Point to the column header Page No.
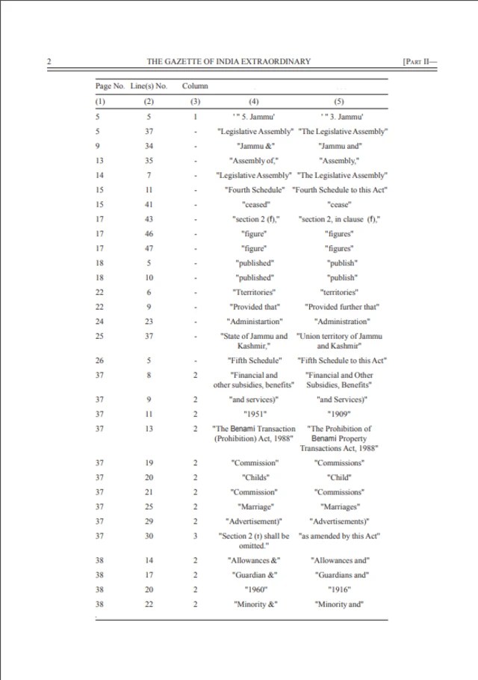pos(108,87)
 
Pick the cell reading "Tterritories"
pos(254,292)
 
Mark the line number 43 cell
pos(149,219)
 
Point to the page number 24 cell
pos(98,321)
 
